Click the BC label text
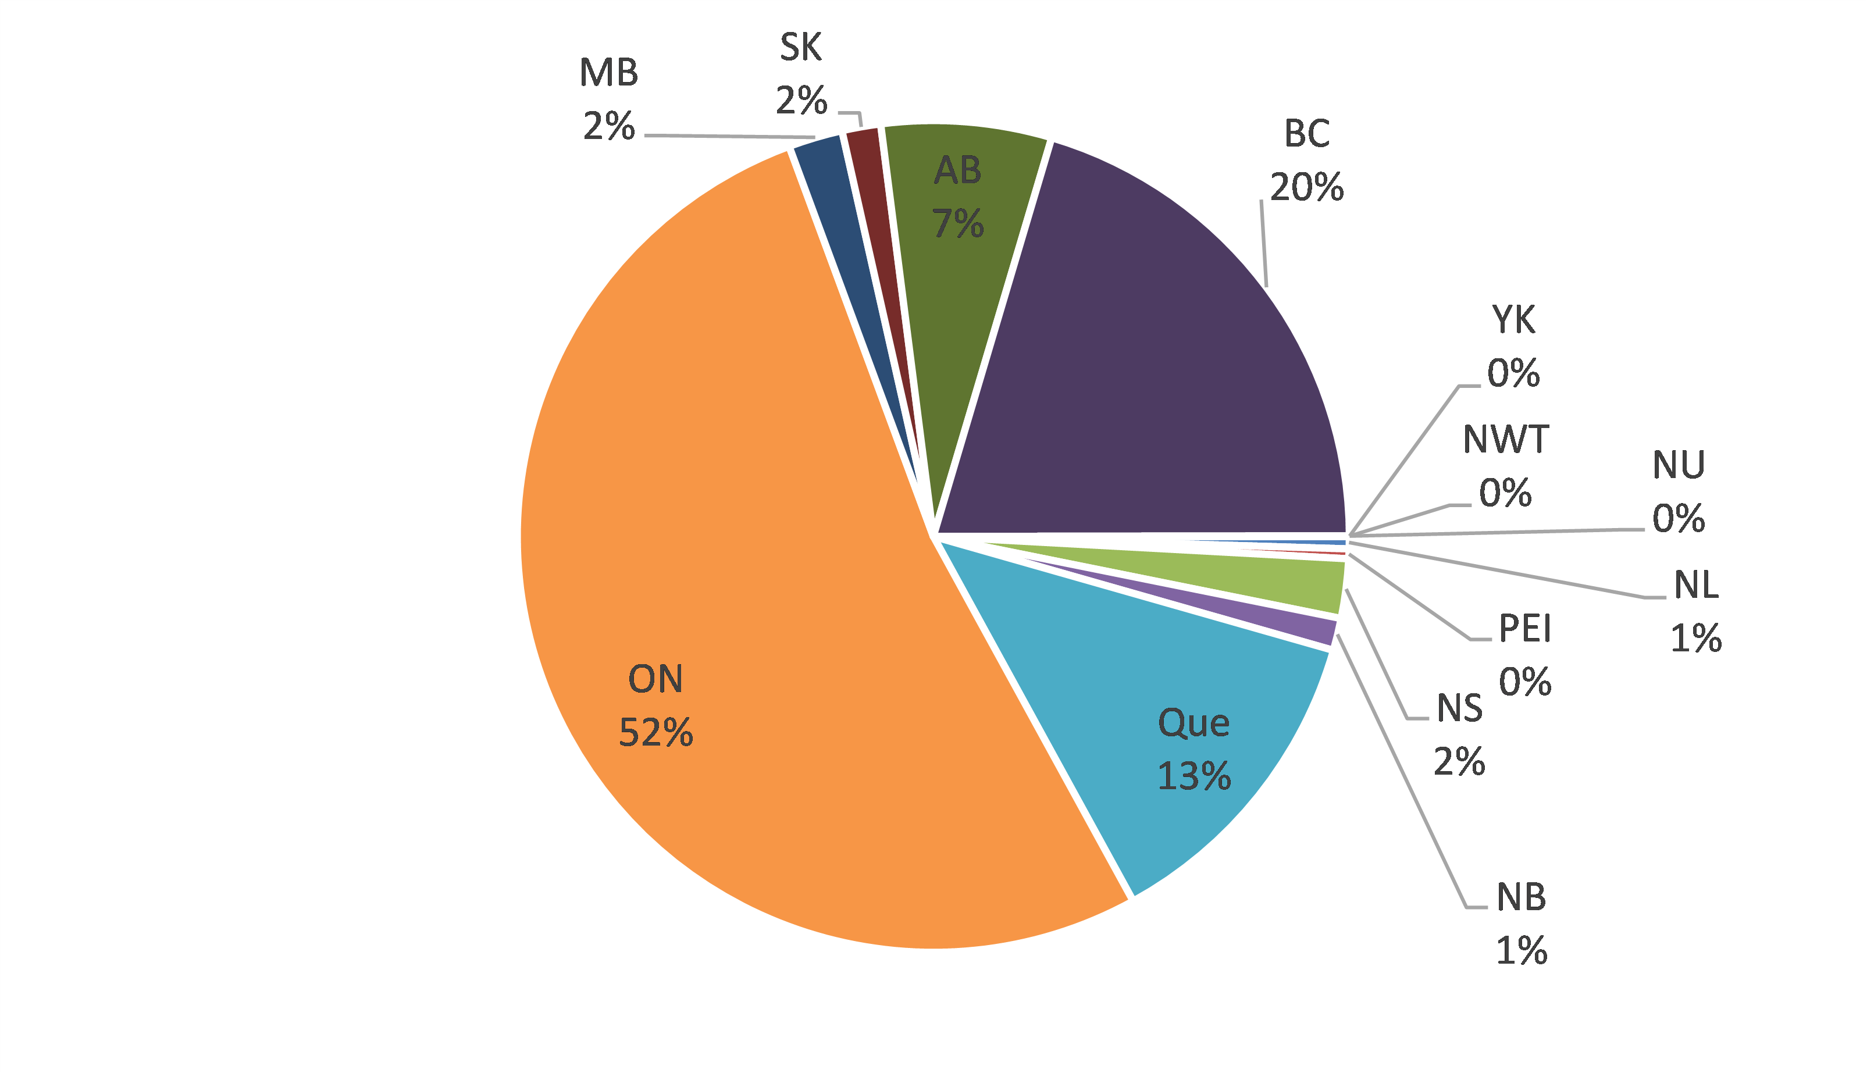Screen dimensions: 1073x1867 1307,134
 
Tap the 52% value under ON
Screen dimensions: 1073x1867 655,733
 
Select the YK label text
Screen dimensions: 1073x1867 1513,320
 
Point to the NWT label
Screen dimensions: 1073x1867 1506,440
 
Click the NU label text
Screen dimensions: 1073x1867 1679,465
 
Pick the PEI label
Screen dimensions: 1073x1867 1525,629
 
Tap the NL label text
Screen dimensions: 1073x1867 1696,586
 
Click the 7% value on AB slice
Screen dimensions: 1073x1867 958,223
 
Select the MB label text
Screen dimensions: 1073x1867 608,73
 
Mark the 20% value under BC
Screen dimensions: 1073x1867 1307,187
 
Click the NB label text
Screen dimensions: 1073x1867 1521,897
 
